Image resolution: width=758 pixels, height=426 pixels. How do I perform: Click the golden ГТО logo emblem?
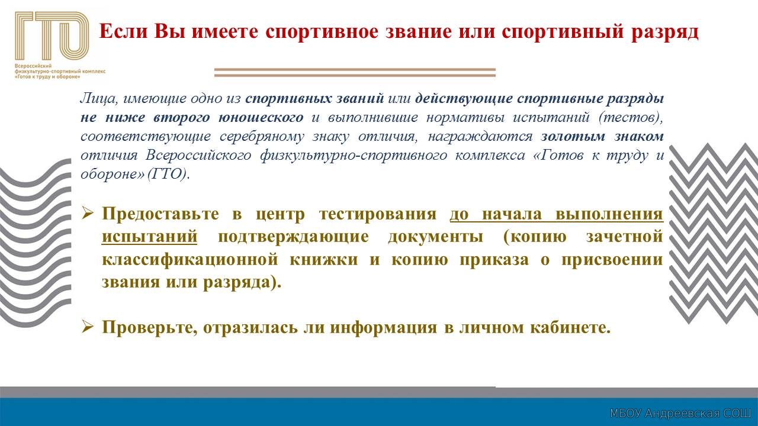[52, 36]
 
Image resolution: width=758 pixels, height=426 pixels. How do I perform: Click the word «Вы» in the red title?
[169, 31]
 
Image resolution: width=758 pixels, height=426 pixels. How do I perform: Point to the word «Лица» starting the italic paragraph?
[99, 98]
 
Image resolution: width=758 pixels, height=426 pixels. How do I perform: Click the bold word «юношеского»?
[261, 117]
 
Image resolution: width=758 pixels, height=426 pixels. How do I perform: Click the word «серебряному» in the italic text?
[262, 137]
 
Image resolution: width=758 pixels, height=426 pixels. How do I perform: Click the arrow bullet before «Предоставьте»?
[87, 214]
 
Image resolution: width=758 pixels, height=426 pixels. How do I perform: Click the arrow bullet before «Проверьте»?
[87, 327]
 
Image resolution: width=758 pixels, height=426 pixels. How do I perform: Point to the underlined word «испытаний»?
[149, 237]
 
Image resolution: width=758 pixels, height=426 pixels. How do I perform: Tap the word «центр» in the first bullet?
[280, 215]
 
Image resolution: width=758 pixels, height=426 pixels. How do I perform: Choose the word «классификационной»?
[190, 260]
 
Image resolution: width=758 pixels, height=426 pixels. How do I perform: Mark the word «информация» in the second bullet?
[383, 328]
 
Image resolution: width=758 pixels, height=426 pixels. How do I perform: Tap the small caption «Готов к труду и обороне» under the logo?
[48, 77]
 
